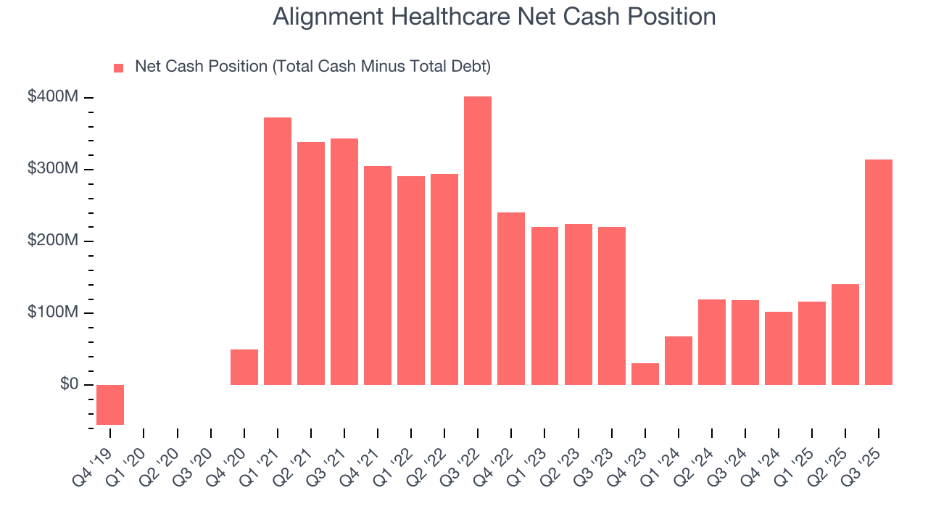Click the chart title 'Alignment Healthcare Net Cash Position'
(x=494, y=17)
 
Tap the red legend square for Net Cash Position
(x=119, y=68)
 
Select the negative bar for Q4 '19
(x=110, y=405)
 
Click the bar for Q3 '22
(x=478, y=240)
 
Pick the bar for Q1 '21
(x=278, y=251)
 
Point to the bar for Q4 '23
(x=645, y=374)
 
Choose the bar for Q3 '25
(x=879, y=272)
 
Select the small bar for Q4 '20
(x=244, y=367)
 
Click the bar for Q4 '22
(x=511, y=298)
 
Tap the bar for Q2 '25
(x=845, y=334)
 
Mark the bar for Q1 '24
(x=678, y=360)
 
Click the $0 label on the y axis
(x=70, y=384)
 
